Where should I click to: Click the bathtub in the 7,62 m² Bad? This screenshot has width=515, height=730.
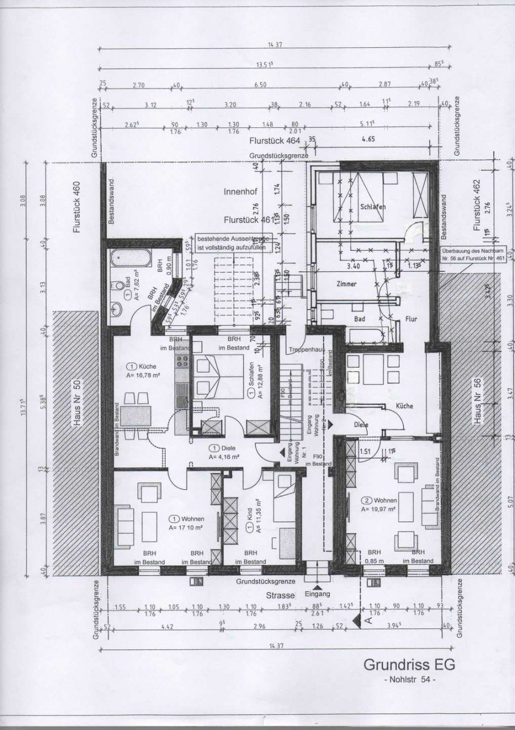click(129, 259)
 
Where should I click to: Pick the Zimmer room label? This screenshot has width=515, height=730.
click(347, 284)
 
